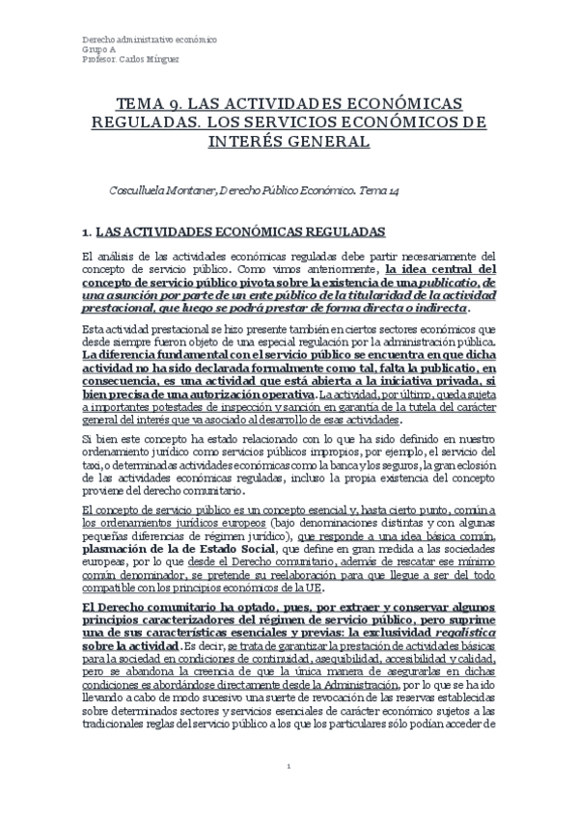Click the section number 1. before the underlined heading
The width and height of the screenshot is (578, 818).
(87, 232)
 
